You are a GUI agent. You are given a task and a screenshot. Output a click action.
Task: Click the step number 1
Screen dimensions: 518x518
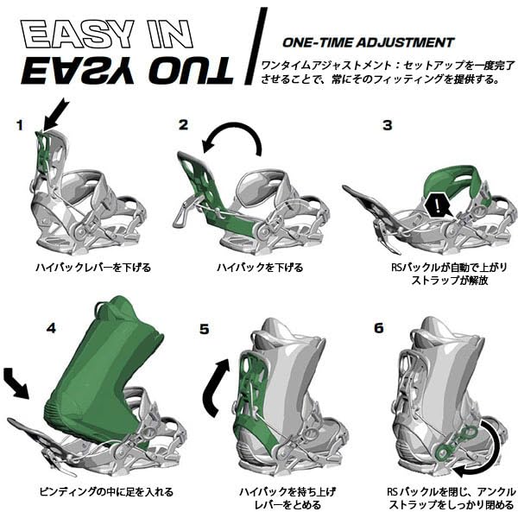pos(19,126)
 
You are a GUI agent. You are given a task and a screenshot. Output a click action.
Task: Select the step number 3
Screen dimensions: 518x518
pos(388,125)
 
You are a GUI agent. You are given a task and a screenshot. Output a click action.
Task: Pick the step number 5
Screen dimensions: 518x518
pos(204,329)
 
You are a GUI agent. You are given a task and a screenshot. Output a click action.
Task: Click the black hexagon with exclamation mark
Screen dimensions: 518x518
pos(441,205)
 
